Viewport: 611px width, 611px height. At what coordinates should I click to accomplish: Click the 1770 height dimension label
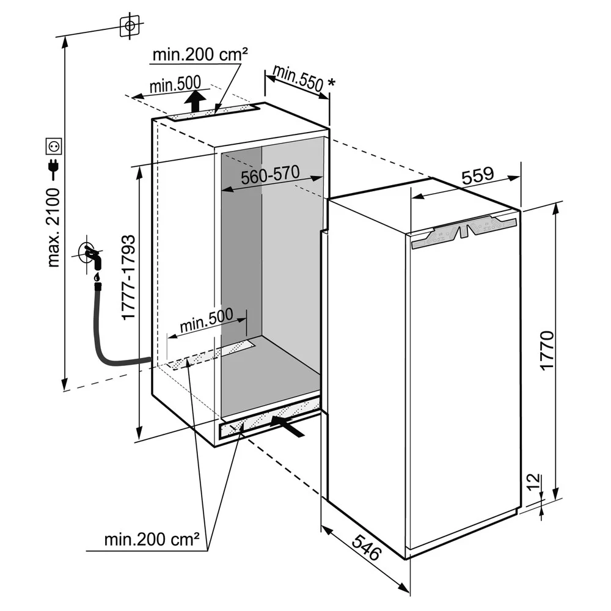click(546, 350)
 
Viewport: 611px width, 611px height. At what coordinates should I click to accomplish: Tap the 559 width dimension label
click(477, 176)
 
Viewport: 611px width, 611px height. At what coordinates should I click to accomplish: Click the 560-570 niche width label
click(269, 176)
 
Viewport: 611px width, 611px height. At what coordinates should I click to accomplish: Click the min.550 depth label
click(298, 79)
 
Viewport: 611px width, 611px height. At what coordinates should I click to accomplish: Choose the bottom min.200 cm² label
click(152, 540)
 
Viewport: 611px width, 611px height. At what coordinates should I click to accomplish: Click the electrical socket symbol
click(54, 147)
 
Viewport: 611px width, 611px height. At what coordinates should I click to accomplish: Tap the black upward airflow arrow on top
click(195, 100)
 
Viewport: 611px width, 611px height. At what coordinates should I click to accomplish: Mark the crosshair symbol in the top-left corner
click(129, 26)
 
